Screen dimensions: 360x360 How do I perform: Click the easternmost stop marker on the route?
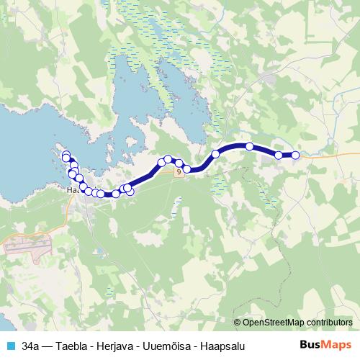point(295,155)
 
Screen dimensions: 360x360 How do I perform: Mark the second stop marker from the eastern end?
point(278,155)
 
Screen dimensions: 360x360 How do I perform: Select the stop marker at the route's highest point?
point(250,146)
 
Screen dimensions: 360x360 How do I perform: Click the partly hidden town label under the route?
point(71,191)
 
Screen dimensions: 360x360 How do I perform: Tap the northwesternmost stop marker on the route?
point(66,157)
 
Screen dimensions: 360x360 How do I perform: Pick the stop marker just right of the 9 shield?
point(187,169)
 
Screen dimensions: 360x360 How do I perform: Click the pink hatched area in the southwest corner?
point(29,244)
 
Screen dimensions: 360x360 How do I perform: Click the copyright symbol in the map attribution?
point(238,322)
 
